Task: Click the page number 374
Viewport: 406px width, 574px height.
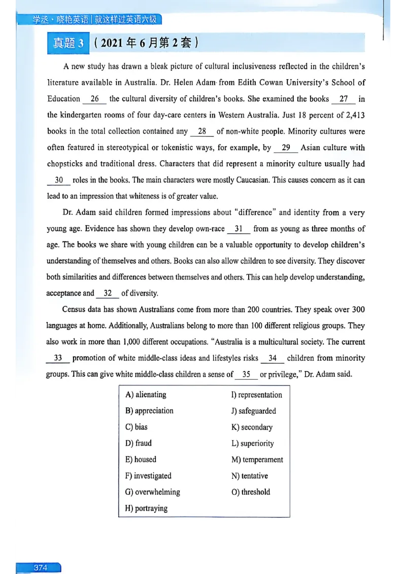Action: click(x=40, y=567)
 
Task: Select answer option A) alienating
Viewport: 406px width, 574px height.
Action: click(x=146, y=394)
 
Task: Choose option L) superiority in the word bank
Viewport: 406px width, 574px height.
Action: click(x=252, y=443)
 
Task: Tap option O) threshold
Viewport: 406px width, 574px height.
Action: click(x=251, y=492)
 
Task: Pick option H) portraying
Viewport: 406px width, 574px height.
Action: click(x=146, y=508)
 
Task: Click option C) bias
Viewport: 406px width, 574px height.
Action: click(x=137, y=427)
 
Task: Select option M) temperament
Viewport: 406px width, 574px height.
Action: click(x=257, y=459)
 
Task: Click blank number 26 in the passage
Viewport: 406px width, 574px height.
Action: click(x=95, y=99)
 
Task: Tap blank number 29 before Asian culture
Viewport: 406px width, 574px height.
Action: click(x=286, y=148)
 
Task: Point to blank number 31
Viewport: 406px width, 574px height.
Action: click(x=239, y=229)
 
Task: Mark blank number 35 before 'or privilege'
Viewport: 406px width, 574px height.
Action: click(x=246, y=375)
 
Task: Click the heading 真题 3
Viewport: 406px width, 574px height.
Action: click(x=68, y=43)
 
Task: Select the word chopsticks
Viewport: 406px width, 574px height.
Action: click(x=68, y=164)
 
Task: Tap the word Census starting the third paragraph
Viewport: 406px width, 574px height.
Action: click(x=75, y=309)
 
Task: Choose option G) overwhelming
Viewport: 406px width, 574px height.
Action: click(x=152, y=492)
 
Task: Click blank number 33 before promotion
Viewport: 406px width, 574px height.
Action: click(x=58, y=358)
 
